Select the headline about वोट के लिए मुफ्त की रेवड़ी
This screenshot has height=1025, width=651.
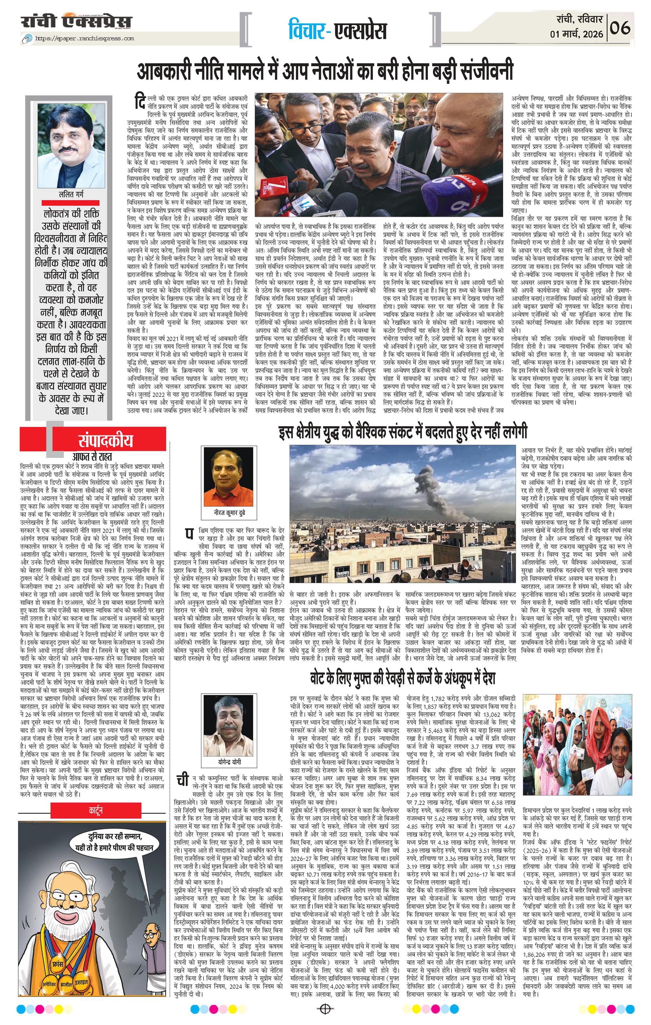click(402, 677)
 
